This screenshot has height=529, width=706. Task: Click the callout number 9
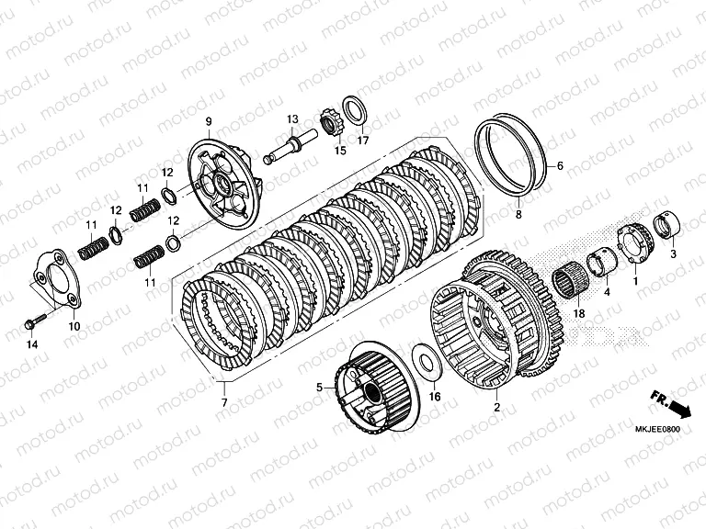[209, 122]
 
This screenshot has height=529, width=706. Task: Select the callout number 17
[363, 141]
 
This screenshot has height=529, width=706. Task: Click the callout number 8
[518, 214]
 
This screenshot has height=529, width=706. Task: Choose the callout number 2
[497, 406]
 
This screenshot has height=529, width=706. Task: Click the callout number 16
[435, 398]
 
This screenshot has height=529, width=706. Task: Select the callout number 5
[320, 388]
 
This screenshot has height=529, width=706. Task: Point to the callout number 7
[223, 402]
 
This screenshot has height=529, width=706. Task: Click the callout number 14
[31, 344]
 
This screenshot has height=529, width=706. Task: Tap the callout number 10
[74, 326]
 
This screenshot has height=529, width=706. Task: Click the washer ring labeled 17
[356, 108]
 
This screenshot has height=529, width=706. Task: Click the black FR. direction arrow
[680, 405]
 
